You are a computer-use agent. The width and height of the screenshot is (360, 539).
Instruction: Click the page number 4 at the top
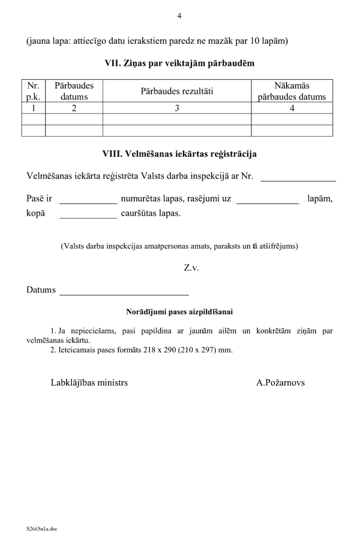click(x=179, y=16)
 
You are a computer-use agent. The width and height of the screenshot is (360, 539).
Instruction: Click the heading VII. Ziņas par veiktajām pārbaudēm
click(x=179, y=62)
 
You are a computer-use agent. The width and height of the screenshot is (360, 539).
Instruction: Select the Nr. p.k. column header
click(x=34, y=91)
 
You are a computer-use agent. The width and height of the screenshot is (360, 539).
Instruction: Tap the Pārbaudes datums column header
click(x=74, y=91)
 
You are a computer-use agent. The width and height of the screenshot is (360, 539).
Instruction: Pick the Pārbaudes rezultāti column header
click(x=177, y=91)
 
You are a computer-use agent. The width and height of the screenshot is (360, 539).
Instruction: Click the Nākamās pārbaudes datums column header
click(x=292, y=91)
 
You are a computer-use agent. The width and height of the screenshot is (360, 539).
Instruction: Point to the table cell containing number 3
click(x=177, y=109)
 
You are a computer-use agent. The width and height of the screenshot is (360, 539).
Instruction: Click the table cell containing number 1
click(x=34, y=109)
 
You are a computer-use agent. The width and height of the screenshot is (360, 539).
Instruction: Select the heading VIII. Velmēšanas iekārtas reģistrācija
click(x=179, y=154)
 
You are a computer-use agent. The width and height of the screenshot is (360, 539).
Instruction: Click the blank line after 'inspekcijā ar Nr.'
click(x=298, y=179)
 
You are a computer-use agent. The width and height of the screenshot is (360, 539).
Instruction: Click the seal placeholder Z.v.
click(x=191, y=268)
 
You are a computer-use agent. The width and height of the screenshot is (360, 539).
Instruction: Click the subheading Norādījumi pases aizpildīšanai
click(x=179, y=312)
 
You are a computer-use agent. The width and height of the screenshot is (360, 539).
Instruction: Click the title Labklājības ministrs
click(x=89, y=382)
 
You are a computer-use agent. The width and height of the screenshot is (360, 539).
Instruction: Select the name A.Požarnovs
click(x=280, y=382)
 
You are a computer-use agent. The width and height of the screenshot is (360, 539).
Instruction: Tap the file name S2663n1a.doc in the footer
click(x=41, y=529)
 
